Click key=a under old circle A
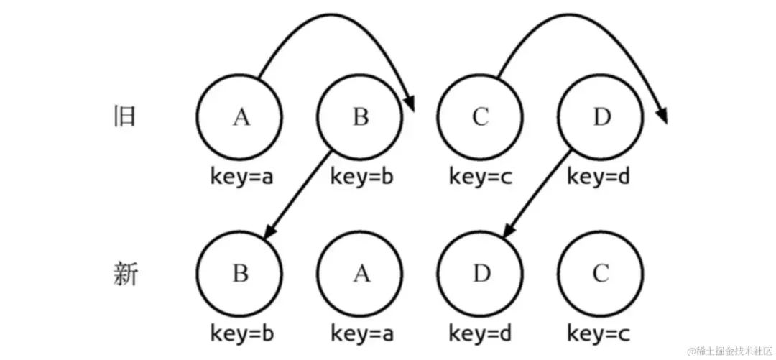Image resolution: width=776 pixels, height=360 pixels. pos(242,177)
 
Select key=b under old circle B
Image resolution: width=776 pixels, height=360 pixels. pos(361,177)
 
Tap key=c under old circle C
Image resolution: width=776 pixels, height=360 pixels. pos(481,177)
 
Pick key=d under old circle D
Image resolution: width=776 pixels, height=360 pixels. pos(599,177)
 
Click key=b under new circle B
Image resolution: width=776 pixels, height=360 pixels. pos(242,333)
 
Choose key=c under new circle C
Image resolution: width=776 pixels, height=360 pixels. pos(599,333)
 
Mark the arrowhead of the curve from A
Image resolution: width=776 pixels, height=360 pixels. pos(410,104)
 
